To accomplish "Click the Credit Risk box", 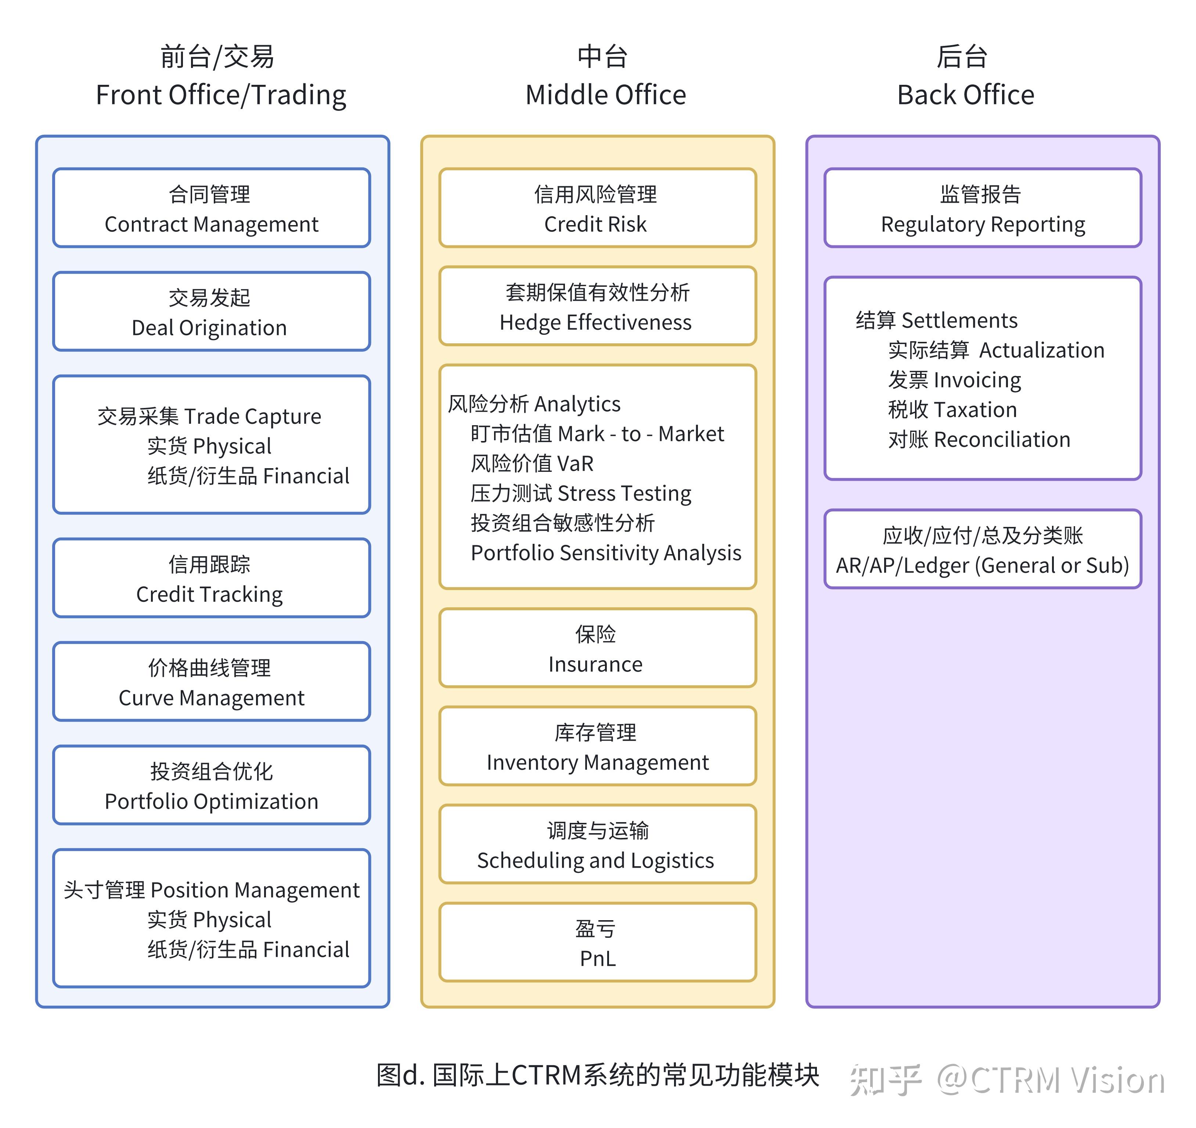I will pyautogui.click(x=597, y=208).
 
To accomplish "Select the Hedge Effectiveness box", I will pyautogui.click(x=597, y=306).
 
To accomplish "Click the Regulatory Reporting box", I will pyautogui.click(x=983, y=208).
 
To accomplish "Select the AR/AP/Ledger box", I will pyautogui.click(x=983, y=549).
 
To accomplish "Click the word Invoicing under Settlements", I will pyautogui.click(x=977, y=380).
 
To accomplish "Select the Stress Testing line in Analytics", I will pyautogui.click(x=624, y=493).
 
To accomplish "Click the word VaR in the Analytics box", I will pyautogui.click(x=575, y=464).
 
